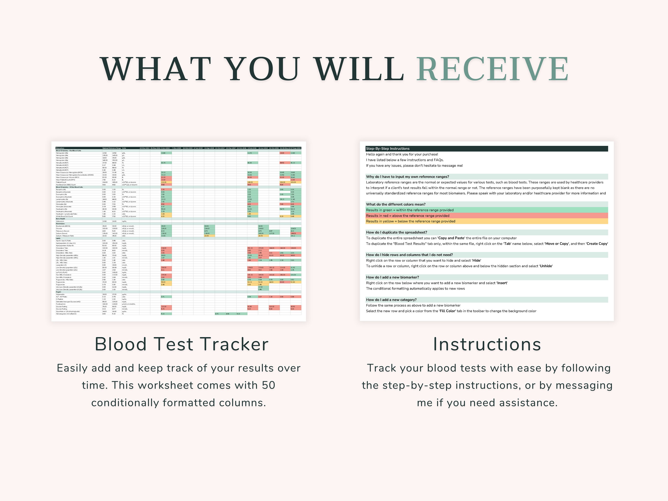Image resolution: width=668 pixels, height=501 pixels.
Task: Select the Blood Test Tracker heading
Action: [181, 344]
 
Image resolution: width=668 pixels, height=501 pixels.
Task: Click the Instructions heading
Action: [487, 344]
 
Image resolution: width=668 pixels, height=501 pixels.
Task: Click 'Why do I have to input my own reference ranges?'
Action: [407, 177]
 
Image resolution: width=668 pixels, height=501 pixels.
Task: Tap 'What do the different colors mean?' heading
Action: [396, 204]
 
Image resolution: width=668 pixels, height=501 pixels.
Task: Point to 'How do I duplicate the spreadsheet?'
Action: [397, 232]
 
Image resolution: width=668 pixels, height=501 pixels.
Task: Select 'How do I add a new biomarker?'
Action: [392, 277]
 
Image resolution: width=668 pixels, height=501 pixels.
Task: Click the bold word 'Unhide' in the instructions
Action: [546, 266]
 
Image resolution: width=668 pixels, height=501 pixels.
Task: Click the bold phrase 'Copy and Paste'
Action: [451, 238]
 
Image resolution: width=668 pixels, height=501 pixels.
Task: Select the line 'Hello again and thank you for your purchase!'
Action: [402, 154]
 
